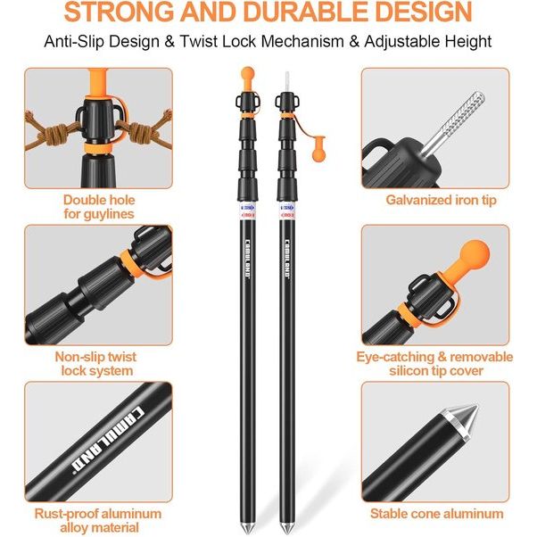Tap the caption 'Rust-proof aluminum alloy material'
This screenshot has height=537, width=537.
coord(98,521)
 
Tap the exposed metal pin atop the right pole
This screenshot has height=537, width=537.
coord(287,78)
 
